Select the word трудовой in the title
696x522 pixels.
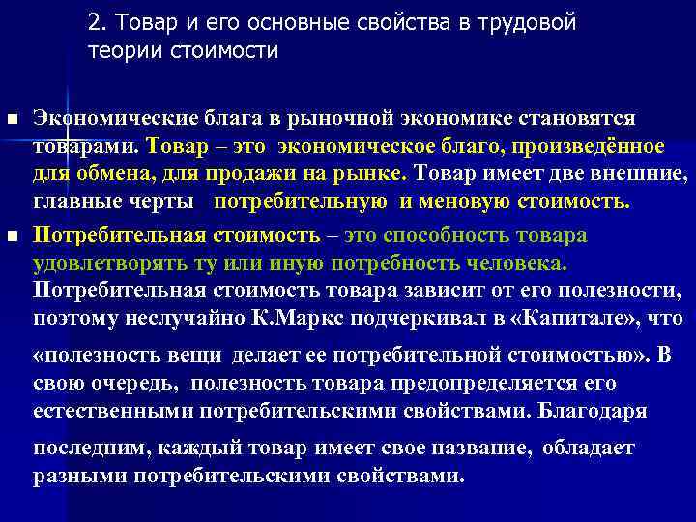pyautogui.click(x=530, y=24)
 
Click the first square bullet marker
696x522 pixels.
pyautogui.click(x=13, y=119)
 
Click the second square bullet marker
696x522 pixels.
pyautogui.click(x=13, y=236)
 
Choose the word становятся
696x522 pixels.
pyautogui.click(x=567, y=118)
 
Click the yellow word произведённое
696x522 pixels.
pyautogui.click(x=591, y=146)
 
